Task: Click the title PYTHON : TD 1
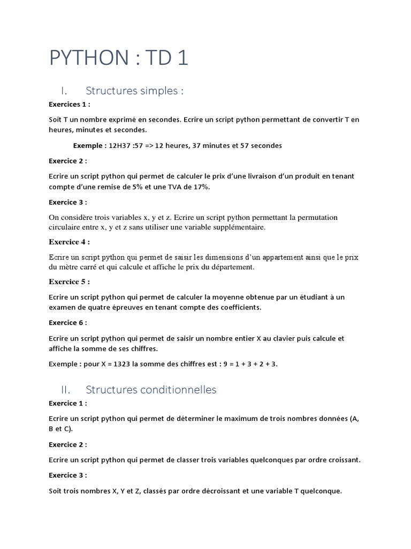tap(118, 58)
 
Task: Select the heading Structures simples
tap(134, 91)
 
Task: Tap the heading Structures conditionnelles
tap(151, 390)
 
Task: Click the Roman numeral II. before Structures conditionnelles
tap(71, 390)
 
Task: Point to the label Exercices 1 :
tap(70, 104)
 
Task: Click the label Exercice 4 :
tap(70, 242)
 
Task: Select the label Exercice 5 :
tap(70, 281)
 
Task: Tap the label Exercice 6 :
tap(68, 323)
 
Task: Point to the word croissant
tap(341, 460)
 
